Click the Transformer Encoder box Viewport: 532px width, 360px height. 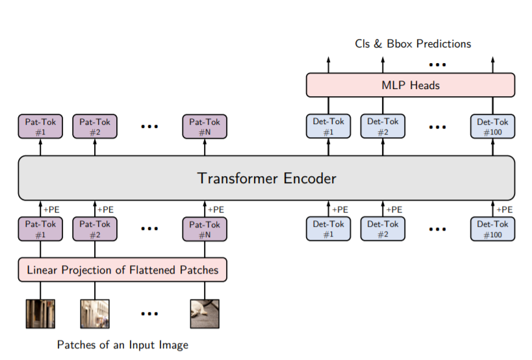[266, 177]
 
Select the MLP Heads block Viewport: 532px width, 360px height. [410, 85]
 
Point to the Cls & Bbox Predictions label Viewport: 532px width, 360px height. [412, 44]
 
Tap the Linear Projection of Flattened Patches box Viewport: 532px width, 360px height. [122, 270]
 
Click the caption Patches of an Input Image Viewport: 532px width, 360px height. [122, 344]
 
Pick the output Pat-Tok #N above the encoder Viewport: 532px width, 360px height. [205, 126]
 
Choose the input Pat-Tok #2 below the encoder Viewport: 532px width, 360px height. [95, 229]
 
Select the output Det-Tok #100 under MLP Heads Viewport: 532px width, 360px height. [493, 126]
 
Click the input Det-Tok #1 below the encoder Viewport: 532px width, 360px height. [328, 229]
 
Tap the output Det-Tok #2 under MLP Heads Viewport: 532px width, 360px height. [383, 126]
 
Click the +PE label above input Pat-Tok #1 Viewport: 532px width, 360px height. [51, 209]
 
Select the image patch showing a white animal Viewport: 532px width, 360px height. [205, 313]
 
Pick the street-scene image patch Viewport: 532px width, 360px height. [95, 313]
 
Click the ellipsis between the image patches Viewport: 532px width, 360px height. [149, 314]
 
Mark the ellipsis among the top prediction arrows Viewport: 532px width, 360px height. [437, 64]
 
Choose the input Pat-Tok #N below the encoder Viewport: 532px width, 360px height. [205, 229]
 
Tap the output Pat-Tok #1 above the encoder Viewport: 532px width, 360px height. [40, 126]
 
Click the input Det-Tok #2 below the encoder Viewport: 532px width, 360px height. [383, 229]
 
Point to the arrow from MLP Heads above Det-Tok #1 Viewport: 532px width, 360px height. [328, 64]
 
